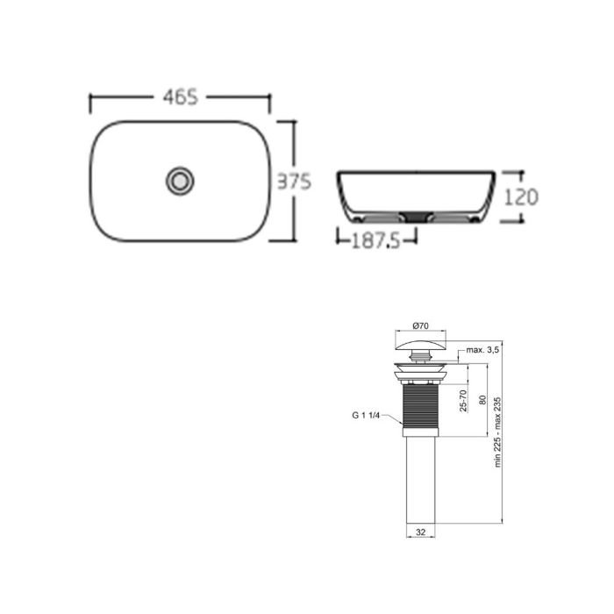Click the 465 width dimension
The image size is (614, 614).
click(181, 97)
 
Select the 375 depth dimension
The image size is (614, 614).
click(295, 182)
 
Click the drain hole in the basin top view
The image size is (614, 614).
click(180, 182)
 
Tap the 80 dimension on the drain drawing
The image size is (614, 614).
click(482, 400)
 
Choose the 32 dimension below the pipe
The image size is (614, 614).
click(420, 532)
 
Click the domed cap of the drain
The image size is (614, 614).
click(420, 343)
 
